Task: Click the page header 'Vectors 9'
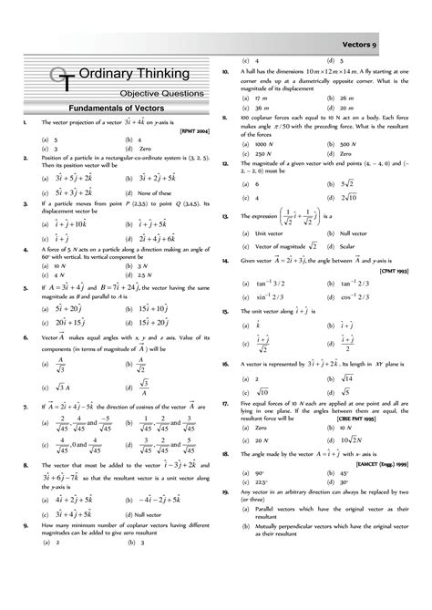pyautogui.click(x=389, y=43)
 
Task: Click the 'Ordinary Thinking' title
pyautogui.click(x=134, y=73)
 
